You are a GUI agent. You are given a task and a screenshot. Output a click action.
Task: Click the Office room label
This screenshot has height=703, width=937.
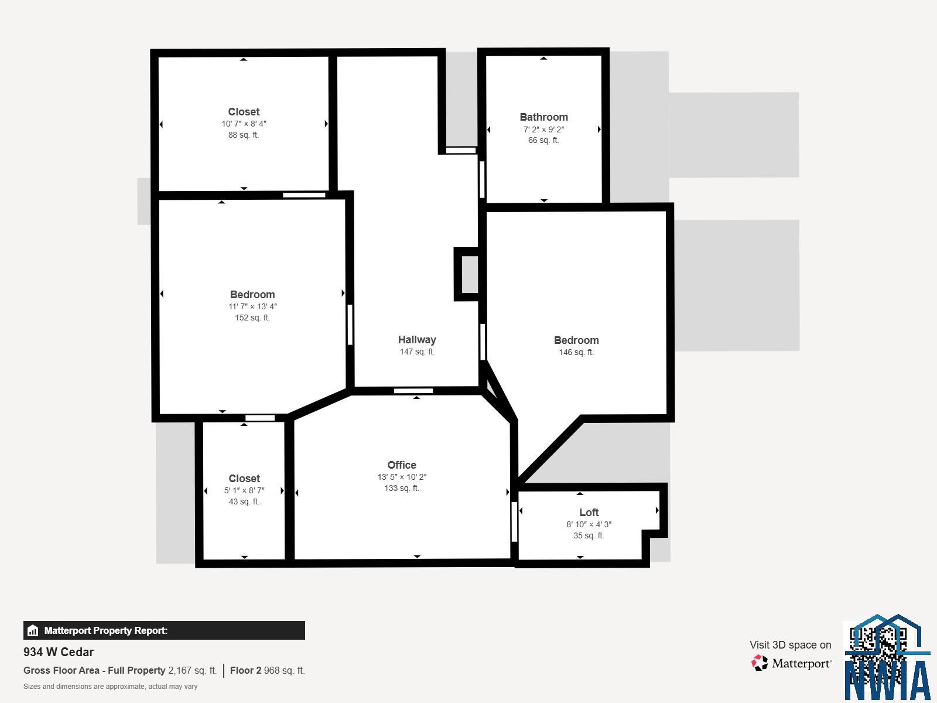tap(402, 465)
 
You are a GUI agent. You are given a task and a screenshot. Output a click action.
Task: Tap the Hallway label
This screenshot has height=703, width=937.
tap(417, 340)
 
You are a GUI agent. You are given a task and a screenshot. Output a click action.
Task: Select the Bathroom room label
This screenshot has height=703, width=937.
tap(543, 117)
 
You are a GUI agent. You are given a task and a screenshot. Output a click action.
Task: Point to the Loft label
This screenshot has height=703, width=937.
tap(589, 512)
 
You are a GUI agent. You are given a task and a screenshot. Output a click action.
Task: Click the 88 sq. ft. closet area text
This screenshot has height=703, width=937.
tap(243, 135)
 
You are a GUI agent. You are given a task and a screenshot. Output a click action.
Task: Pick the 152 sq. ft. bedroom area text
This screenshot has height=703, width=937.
tap(252, 318)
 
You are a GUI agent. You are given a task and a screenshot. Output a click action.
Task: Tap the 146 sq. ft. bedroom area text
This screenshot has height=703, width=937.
tap(576, 352)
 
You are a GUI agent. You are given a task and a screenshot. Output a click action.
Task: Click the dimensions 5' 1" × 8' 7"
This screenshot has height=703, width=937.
tap(244, 490)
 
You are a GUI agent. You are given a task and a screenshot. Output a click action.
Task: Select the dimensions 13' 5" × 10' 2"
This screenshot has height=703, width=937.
tap(402, 477)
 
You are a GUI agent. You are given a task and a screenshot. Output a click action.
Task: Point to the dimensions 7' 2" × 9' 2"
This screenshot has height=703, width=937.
tap(543, 129)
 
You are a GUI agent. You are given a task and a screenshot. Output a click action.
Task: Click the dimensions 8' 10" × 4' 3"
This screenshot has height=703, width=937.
tap(589, 524)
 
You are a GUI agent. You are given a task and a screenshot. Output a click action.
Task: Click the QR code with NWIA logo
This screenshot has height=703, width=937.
tap(887, 658)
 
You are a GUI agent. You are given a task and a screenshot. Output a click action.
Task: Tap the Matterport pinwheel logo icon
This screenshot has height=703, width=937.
tap(760, 663)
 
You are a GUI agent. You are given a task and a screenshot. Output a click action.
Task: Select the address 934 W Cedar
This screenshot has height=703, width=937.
tap(59, 652)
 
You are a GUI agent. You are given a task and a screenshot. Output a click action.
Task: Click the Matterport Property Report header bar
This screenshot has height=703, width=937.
tap(164, 630)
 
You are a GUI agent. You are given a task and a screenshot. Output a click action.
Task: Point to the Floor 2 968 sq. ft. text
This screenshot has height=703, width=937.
tap(267, 670)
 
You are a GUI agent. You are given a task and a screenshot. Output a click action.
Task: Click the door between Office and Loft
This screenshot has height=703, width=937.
tap(514, 521)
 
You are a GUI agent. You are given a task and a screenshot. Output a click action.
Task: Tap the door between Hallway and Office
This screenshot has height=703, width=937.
tap(413, 391)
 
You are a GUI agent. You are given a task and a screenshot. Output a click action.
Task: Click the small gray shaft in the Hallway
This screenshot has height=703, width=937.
tap(470, 274)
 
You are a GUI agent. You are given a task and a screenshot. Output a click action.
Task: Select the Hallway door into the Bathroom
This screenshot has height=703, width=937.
tap(482, 179)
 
